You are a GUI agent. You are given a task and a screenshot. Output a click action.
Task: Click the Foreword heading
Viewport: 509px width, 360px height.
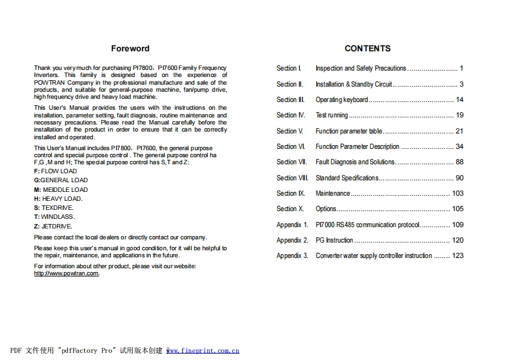pos(130,49)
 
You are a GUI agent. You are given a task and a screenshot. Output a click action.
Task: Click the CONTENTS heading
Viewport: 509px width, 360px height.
pos(367,49)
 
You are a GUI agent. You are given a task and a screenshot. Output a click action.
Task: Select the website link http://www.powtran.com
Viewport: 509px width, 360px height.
pos(66,273)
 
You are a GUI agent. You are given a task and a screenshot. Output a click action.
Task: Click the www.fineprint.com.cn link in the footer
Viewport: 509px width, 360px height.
pos(203,351)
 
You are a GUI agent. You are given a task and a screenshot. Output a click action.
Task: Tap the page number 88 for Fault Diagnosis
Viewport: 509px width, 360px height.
pos(459,162)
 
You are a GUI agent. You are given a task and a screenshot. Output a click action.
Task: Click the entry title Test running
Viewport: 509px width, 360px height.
pos(331,116)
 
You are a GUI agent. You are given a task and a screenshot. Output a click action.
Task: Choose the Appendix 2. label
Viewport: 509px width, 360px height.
pos(292,240)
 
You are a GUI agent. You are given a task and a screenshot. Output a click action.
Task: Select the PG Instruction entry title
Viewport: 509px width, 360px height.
pos(334,240)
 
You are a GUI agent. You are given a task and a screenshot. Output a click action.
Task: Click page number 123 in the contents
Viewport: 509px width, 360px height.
pos(457,255)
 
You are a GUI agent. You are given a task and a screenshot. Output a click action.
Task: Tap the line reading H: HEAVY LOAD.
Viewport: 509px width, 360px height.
pos(58,199)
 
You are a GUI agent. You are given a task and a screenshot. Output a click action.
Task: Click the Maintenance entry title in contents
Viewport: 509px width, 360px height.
pos(332,193)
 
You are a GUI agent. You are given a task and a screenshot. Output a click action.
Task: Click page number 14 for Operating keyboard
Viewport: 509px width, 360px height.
pos(459,100)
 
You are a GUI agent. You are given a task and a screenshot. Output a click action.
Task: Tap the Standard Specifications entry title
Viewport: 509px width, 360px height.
pos(347,178)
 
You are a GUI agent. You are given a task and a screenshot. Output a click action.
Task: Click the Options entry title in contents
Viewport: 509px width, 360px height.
pos(325,209)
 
